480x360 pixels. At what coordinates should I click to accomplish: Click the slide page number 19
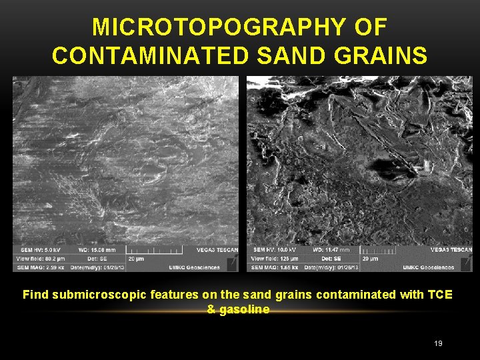438,343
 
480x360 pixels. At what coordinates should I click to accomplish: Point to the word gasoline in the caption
247,309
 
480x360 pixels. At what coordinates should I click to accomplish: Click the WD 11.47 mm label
331,250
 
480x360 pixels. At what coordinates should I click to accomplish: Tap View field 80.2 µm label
40,258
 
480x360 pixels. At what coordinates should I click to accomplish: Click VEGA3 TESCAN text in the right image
451,250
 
